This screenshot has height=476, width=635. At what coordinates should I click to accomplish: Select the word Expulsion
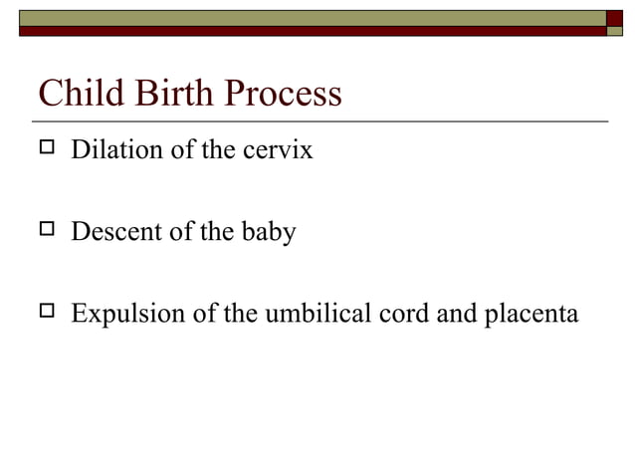coord(121,314)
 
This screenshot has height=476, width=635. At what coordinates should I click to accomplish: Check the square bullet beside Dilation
coord(46,151)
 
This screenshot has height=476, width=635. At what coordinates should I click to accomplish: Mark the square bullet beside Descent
coord(46,233)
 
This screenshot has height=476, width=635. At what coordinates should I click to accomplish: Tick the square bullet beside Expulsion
coord(46,314)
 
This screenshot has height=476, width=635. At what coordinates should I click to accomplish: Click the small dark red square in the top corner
coord(614,17)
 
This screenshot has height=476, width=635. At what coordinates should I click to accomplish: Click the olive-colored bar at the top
coord(309,17)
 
